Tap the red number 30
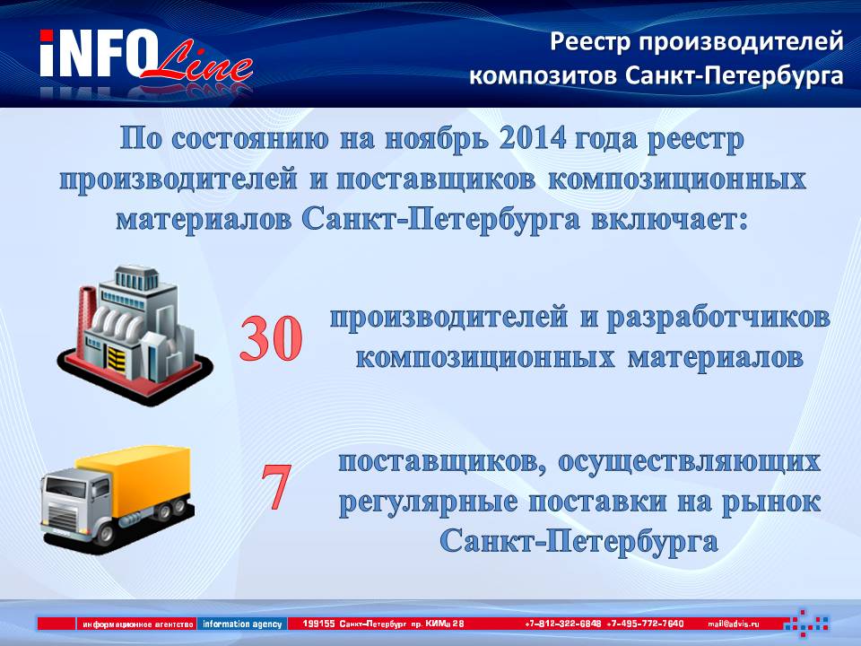[x=271, y=338]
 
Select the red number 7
[x=275, y=486]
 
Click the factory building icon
[x=135, y=336]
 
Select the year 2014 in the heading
[x=533, y=139]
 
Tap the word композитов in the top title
[x=543, y=75]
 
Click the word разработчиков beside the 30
[x=718, y=319]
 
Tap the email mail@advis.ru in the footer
[x=734, y=624]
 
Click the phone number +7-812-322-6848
[x=563, y=624]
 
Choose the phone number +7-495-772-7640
[x=646, y=624]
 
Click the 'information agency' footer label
[x=242, y=624]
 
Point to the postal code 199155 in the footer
[x=318, y=624]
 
